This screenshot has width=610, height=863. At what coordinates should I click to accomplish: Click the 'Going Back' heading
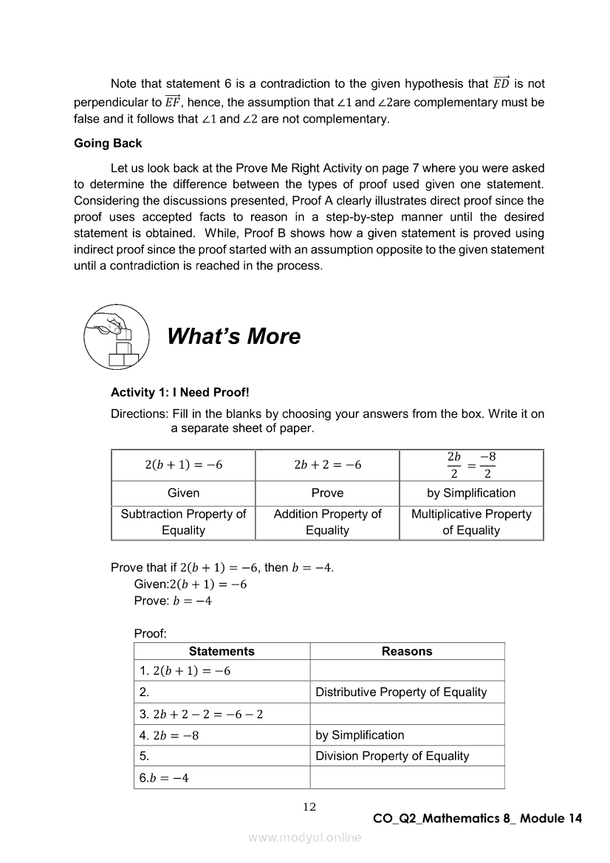coord(108,143)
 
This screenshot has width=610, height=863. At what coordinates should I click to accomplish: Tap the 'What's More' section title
coord(233,337)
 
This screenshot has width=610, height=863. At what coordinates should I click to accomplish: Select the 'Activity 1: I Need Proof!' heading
coord(180,393)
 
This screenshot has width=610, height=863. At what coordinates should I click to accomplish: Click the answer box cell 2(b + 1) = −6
coord(183,465)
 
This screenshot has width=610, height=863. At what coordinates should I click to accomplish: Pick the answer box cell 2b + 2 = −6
coord(327,465)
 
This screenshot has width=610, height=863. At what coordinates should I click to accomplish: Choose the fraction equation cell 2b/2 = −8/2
coord(471,465)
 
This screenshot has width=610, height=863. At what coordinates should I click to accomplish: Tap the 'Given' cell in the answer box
coord(183,493)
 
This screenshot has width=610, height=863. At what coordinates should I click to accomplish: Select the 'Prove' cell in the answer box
coord(327,493)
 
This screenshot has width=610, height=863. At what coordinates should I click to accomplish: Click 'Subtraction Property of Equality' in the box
coord(183,522)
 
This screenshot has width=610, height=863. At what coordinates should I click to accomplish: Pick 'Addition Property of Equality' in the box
coord(327,522)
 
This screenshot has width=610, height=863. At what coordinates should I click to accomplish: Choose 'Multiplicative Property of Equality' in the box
coord(471,522)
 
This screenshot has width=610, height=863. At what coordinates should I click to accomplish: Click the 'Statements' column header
coord(222,651)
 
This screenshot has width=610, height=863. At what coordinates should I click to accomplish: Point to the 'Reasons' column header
coord(407,651)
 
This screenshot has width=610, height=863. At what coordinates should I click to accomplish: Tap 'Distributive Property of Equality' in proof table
coord(401,692)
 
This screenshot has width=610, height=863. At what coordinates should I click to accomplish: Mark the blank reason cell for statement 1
coord(407,671)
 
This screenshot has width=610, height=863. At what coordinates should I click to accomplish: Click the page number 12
coord(309,807)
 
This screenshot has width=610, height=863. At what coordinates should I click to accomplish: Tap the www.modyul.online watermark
coord(305,837)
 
